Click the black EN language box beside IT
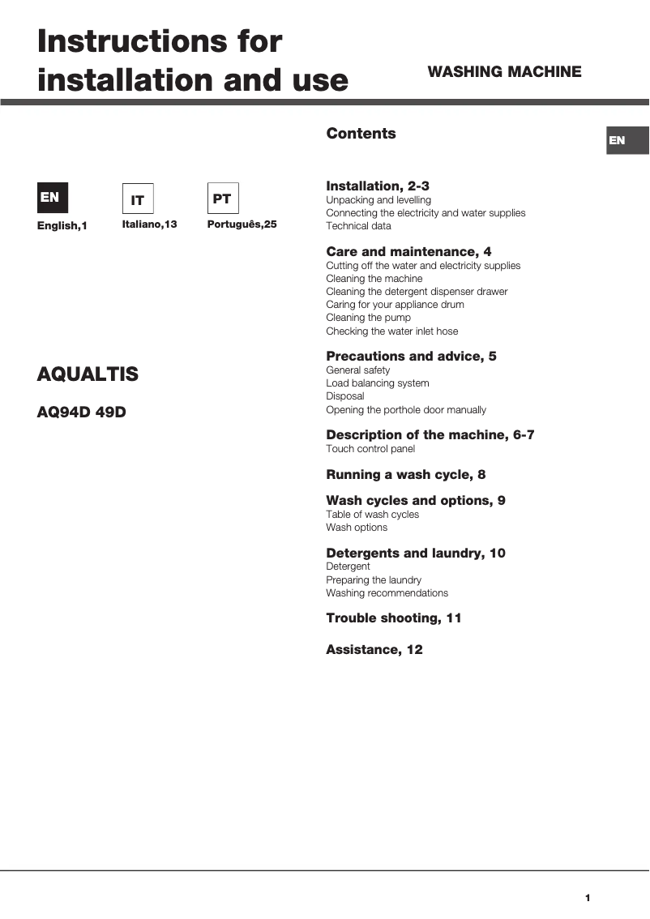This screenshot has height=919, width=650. (53, 198)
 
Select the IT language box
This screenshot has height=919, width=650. (138, 199)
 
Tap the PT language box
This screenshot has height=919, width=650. (223, 199)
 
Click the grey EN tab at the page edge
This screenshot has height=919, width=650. (627, 140)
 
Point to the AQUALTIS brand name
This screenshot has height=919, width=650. (88, 374)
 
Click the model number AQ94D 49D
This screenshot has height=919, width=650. (82, 412)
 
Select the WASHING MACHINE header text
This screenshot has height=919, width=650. (504, 72)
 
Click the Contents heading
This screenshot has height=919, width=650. (361, 134)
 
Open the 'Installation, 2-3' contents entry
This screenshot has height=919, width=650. (378, 186)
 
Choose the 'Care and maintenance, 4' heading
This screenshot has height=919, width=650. (408, 252)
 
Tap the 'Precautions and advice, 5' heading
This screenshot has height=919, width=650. (411, 357)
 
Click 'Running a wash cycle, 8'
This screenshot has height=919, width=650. (405, 475)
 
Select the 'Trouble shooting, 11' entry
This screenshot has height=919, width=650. (393, 618)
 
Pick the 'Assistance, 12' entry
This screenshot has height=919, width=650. (374, 650)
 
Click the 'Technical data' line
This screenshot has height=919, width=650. (358, 226)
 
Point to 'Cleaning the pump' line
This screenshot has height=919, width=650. (368, 318)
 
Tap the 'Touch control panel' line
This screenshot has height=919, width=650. (370, 449)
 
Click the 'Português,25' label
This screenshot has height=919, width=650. (242, 224)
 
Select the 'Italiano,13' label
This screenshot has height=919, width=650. (149, 224)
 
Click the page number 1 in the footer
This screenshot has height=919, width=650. (588, 897)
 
